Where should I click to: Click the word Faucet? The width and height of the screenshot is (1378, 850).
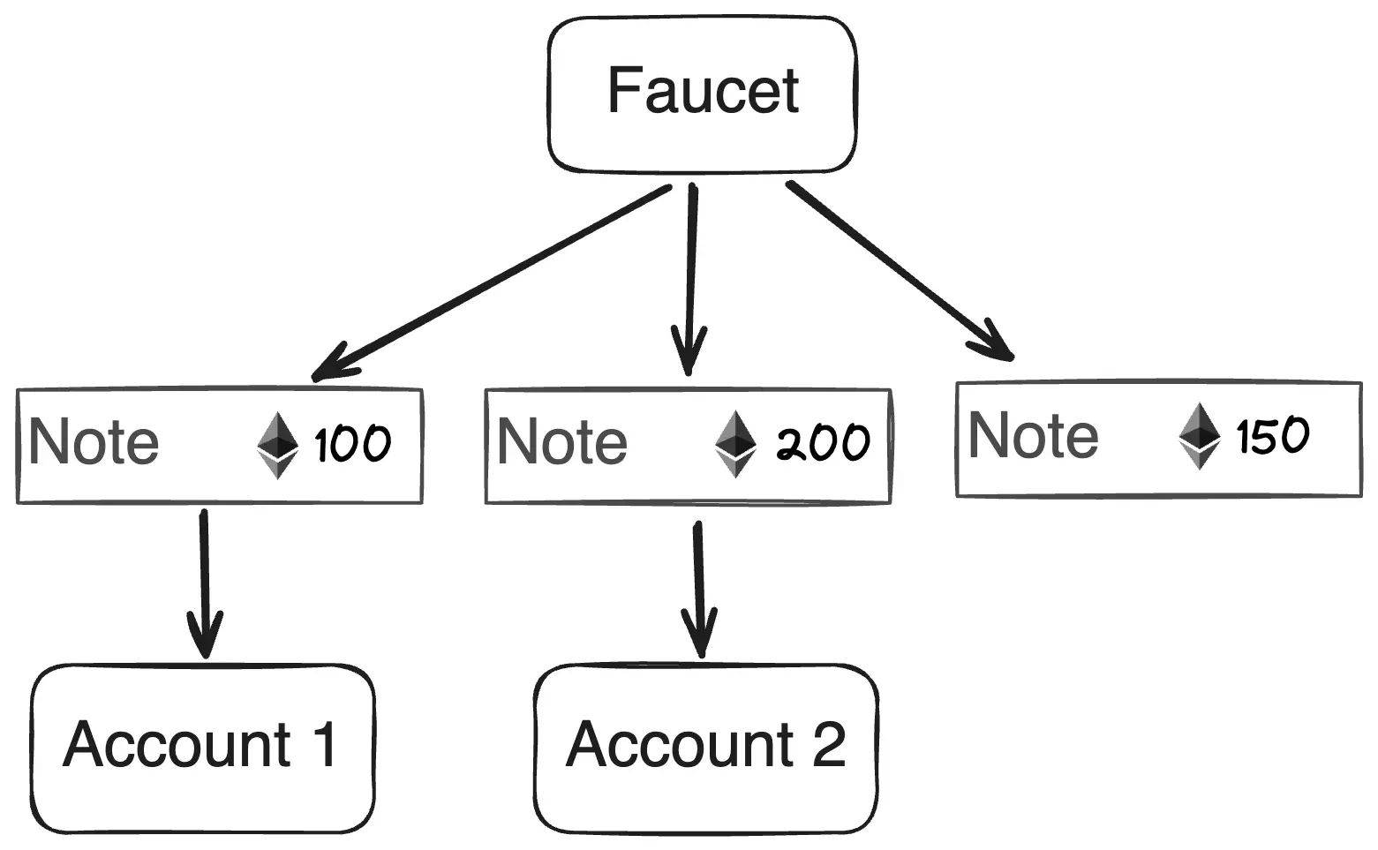[x=704, y=91]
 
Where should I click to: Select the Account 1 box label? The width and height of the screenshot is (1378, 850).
[x=200, y=744]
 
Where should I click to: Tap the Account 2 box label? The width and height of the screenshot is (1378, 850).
[x=706, y=744]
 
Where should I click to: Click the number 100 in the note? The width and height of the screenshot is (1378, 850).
[x=352, y=443]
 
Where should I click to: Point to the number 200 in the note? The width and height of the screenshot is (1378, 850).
[x=823, y=442]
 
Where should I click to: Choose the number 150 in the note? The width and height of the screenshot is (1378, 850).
[x=1272, y=435]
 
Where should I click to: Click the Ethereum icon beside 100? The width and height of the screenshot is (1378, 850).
[x=277, y=445]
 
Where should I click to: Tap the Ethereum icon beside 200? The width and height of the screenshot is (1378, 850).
[x=735, y=443]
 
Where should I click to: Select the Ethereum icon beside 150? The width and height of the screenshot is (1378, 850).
[x=1200, y=435]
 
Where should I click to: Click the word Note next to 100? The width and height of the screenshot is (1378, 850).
[x=94, y=441]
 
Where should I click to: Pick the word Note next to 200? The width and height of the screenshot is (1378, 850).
[x=561, y=441]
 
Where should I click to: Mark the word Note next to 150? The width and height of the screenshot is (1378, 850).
[x=1033, y=435]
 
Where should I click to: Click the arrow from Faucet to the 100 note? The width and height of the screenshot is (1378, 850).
[x=491, y=282]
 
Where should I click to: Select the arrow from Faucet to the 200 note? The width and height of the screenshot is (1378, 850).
[x=691, y=279]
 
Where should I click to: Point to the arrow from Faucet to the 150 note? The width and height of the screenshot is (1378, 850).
[x=900, y=271]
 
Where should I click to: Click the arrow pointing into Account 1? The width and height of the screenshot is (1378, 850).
[x=204, y=583]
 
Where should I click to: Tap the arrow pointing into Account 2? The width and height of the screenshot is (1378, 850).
[x=699, y=590]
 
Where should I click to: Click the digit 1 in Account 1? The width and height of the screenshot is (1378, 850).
[x=325, y=743]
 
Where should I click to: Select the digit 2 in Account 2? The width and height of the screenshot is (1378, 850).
[x=829, y=743]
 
